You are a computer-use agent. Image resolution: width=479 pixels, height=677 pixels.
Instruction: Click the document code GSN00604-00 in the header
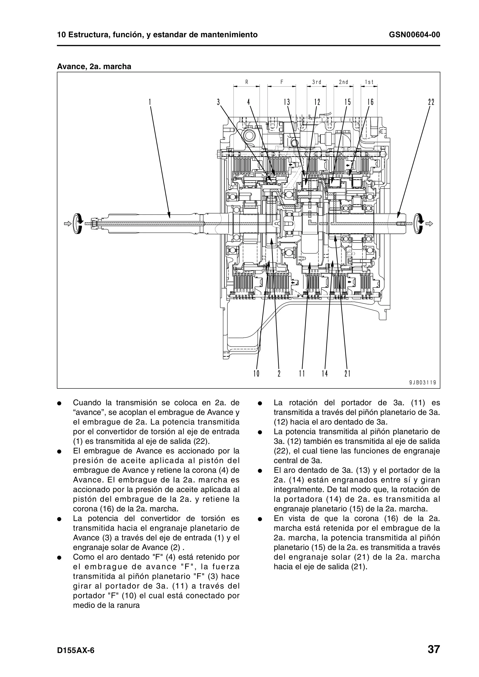tap(414, 35)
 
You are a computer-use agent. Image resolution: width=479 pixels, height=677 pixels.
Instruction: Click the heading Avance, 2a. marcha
tap(94, 66)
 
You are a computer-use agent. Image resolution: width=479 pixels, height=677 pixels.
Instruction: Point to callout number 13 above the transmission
tap(287, 102)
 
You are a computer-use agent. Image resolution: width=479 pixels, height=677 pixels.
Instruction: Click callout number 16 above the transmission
tap(370, 102)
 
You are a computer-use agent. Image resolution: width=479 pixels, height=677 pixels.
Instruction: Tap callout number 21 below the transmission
tap(347, 374)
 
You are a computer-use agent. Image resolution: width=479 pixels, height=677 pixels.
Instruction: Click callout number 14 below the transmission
tap(325, 374)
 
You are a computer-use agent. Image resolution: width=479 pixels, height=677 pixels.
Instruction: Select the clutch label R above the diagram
tap(247, 82)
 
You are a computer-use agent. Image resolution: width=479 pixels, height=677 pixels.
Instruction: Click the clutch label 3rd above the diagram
tap(317, 82)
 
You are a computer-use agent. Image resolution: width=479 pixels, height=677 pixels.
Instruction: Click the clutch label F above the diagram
tap(282, 82)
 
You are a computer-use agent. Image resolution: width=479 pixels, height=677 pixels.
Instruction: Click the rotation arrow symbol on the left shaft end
tap(78, 224)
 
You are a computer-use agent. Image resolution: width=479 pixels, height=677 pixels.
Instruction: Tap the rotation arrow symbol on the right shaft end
tap(419, 224)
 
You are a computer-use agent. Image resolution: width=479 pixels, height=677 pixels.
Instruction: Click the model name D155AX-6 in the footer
tap(76, 642)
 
